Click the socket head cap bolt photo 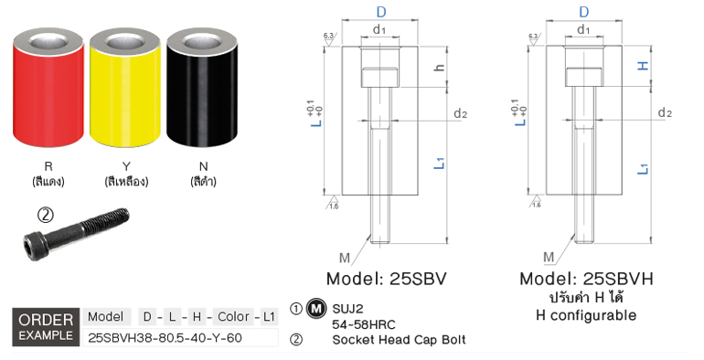coord(76,235)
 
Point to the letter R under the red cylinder coord(48,166)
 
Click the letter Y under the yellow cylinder coord(126,166)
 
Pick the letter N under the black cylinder coord(203,166)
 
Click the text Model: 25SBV coord(387,279)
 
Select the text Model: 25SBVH coord(586,279)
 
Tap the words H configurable coord(586,315)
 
